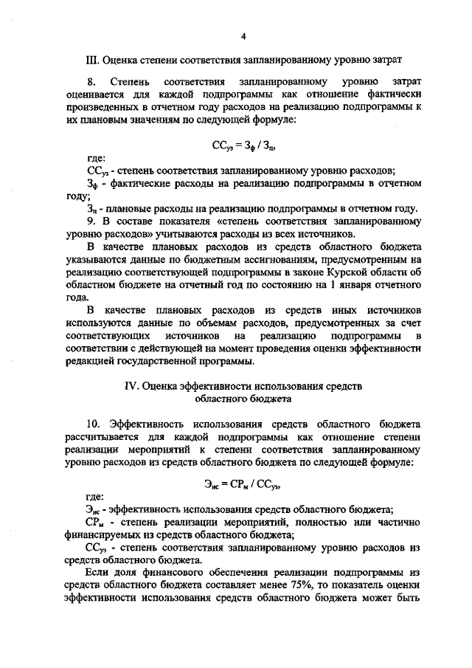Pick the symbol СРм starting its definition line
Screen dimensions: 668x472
(95, 523)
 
